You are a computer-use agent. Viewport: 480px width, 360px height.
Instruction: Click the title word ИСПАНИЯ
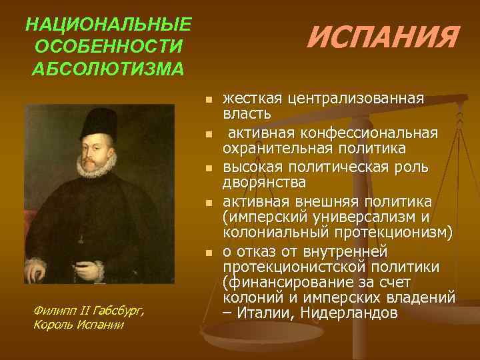(382, 38)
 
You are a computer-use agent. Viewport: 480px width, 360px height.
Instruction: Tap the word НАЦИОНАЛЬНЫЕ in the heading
(108, 25)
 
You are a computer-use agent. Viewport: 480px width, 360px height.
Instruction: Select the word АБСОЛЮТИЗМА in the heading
(108, 69)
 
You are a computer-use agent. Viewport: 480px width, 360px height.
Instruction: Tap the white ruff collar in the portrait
(95, 163)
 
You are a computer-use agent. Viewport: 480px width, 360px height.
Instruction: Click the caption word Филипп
(51, 310)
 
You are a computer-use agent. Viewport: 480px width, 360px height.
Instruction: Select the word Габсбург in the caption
(113, 310)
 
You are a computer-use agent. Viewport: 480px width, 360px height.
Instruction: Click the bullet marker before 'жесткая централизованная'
(209, 99)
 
